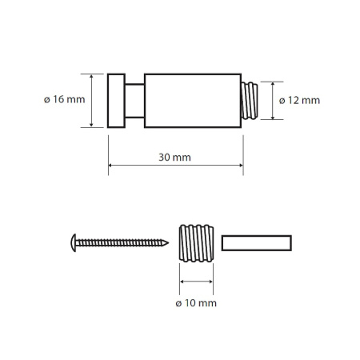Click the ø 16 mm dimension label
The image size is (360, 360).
click(x=65, y=99)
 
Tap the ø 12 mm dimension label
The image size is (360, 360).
click(x=299, y=101)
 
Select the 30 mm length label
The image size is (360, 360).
click(x=174, y=158)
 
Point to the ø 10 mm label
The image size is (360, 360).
click(x=196, y=303)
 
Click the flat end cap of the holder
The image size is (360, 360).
click(x=116, y=101)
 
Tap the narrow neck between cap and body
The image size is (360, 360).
click(x=134, y=101)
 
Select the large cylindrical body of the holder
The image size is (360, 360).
click(x=193, y=101)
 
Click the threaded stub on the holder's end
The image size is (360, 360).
click(x=250, y=101)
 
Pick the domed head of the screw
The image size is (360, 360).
click(x=74, y=242)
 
